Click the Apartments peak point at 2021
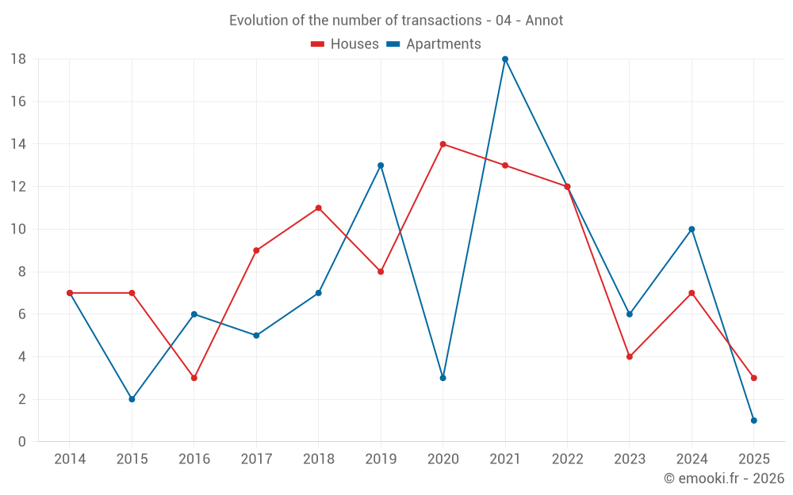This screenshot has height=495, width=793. point(505,59)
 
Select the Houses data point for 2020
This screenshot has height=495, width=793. point(442,144)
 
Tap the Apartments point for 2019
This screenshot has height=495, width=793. point(381,166)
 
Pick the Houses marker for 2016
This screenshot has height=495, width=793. point(193,378)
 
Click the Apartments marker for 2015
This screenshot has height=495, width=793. point(132,399)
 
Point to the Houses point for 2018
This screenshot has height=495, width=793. point(318,208)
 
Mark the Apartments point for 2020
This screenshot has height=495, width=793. point(442,378)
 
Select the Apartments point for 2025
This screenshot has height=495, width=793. point(753,421)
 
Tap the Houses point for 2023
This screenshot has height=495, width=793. point(629,356)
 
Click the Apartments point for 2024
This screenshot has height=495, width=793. point(691,230)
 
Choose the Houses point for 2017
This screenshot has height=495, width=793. point(256,250)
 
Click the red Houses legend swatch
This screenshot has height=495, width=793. point(318,44)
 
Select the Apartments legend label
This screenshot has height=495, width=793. point(443,44)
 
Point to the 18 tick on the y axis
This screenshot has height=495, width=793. point(18,59)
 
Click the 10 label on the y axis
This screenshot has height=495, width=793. point(18,230)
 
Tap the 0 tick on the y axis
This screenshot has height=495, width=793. point(22,442)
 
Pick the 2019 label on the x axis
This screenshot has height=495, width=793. point(381,459)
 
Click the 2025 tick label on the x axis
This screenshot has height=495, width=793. point(753,459)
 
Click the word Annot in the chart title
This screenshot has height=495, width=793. point(547,21)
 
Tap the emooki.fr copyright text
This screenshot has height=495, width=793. point(723,478)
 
